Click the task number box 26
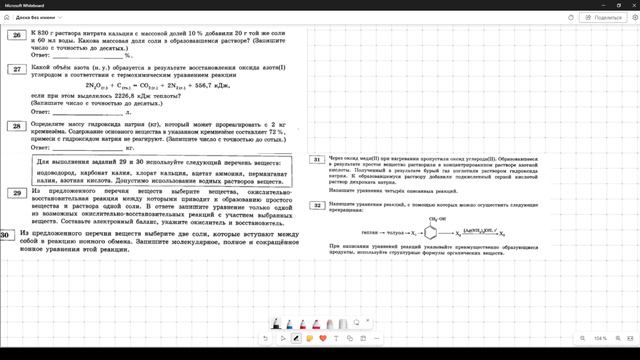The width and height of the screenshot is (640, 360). pyautogui.click(x=15, y=35)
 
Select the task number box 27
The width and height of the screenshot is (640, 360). pyautogui.click(x=15, y=68)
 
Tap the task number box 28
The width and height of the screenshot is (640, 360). pyautogui.click(x=15, y=126)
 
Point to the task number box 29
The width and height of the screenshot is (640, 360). pyautogui.click(x=15, y=191)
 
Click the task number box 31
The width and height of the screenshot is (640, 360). pyautogui.click(x=316, y=159)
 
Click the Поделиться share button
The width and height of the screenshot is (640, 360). pyautogui.click(x=598, y=18)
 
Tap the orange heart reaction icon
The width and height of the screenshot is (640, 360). pyautogui.click(x=324, y=338)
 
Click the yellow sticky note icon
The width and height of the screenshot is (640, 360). pyautogui.click(x=310, y=338)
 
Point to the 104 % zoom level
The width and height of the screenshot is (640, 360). pyautogui.click(x=600, y=339)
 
